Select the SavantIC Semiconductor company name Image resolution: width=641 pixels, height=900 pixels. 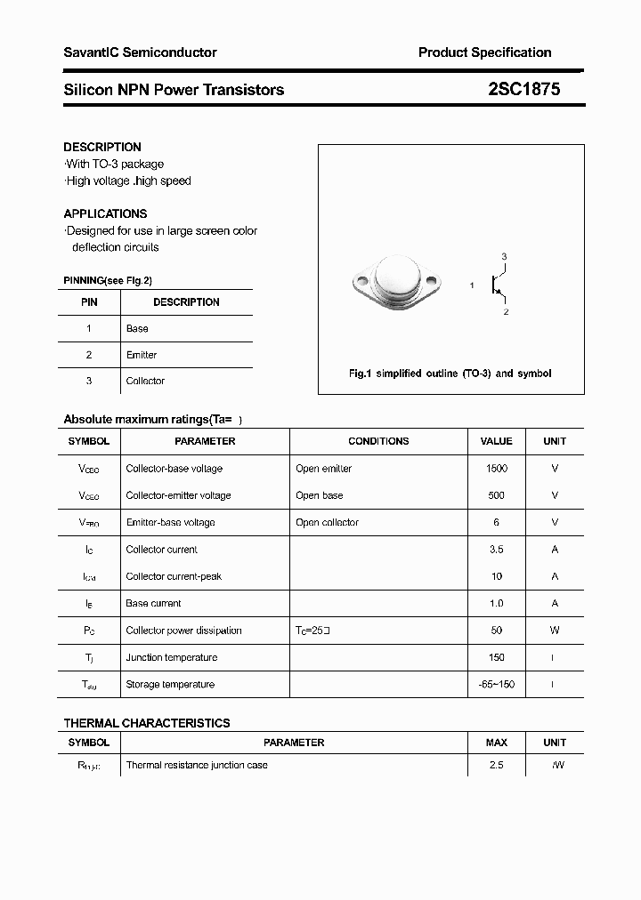140,52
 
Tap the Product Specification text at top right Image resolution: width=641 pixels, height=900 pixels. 484,52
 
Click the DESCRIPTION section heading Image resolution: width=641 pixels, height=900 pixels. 102,147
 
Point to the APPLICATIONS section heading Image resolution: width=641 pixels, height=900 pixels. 105,213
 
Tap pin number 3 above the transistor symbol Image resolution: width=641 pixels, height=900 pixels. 504,257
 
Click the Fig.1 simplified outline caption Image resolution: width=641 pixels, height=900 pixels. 450,374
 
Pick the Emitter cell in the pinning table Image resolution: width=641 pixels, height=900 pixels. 142,355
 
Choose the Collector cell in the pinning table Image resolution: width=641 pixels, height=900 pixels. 145,381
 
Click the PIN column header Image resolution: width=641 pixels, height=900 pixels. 89,302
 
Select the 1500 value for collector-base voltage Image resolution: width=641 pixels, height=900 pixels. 496,469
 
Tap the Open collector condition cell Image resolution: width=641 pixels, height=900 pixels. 327,523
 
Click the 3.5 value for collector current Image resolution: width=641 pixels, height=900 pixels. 496,550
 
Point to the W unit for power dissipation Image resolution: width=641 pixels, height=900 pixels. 554,631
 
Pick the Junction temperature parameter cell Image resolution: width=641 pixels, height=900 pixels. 171,657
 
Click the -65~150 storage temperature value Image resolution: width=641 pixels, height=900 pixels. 496,685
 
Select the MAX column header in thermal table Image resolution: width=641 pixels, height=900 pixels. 496,743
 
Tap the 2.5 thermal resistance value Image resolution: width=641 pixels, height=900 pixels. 496,765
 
